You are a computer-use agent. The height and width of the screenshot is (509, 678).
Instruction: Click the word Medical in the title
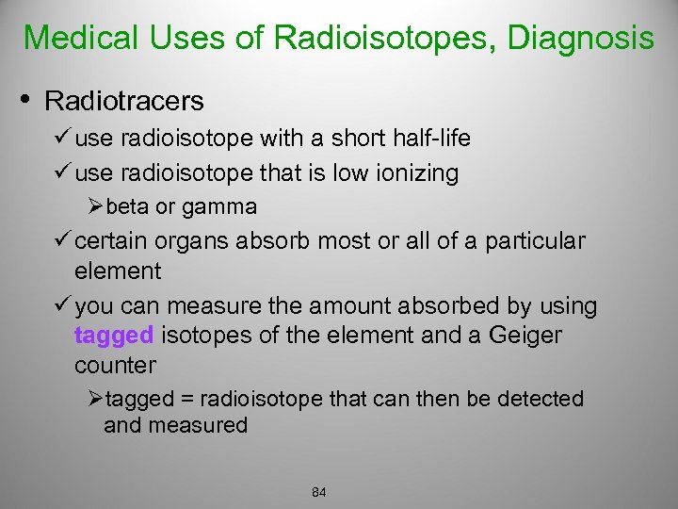(x=79, y=38)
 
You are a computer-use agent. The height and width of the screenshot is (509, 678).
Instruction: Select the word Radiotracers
(x=124, y=99)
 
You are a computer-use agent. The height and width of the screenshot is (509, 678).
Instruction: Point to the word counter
(x=115, y=365)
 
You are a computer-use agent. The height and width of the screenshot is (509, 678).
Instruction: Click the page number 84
(x=318, y=493)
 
